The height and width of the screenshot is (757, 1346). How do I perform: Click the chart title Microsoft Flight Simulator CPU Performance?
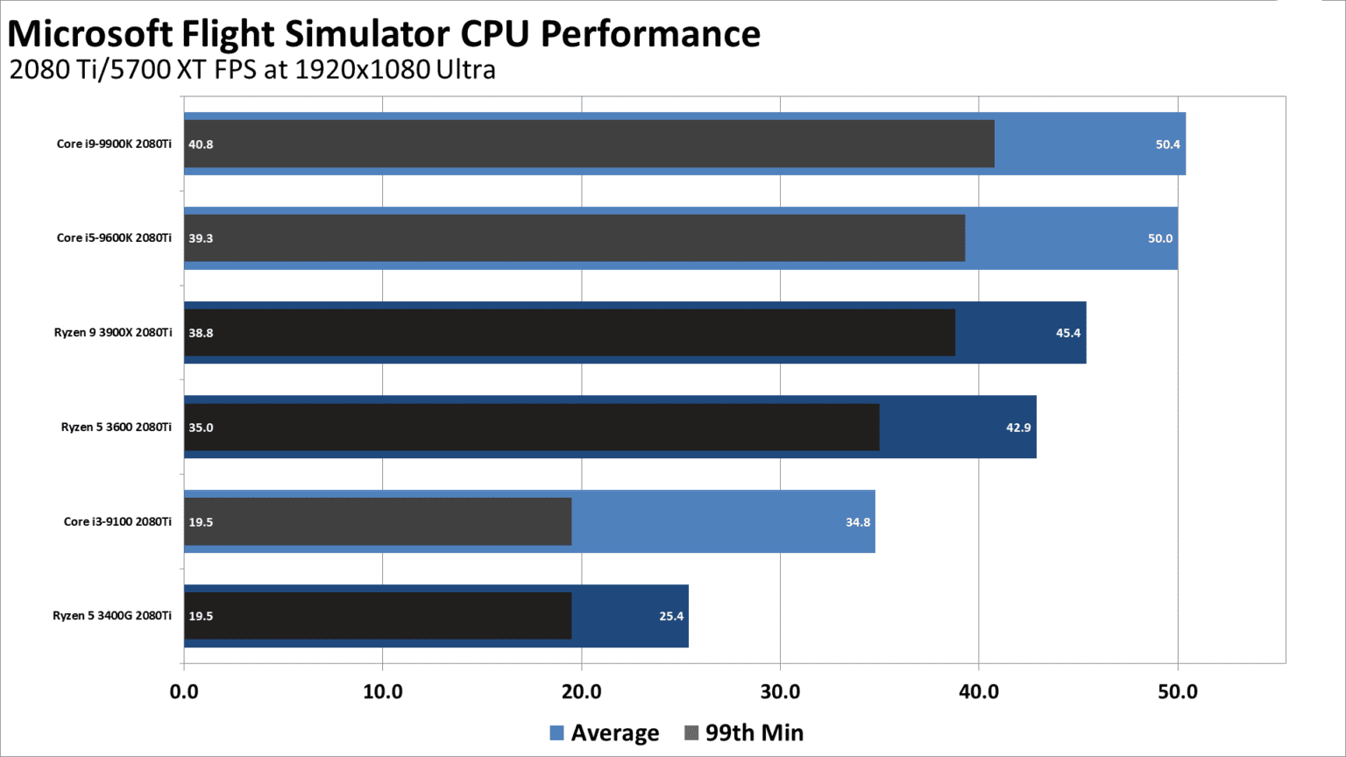pyautogui.click(x=384, y=34)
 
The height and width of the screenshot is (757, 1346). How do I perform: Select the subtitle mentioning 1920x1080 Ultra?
pyautogui.click(x=252, y=69)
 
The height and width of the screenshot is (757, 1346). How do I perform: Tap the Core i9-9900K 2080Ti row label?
pyautogui.click(x=114, y=144)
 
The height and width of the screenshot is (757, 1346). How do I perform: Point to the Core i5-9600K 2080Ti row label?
pyautogui.click(x=114, y=238)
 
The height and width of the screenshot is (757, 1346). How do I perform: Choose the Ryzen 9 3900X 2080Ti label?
pyautogui.click(x=113, y=333)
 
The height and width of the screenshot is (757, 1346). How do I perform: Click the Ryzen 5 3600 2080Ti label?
pyautogui.click(x=117, y=428)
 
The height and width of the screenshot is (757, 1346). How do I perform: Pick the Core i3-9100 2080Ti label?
pyautogui.click(x=117, y=522)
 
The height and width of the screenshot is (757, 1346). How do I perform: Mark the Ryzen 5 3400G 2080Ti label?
pyautogui.click(x=112, y=616)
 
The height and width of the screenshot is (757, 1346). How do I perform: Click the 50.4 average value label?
pyautogui.click(x=1167, y=145)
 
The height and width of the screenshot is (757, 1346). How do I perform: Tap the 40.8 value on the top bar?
pyautogui.click(x=201, y=145)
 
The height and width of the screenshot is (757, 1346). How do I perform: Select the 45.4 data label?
pyautogui.click(x=1068, y=333)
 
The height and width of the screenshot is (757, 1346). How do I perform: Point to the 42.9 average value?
pyautogui.click(x=1018, y=428)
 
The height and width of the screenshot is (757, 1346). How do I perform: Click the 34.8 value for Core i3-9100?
pyautogui.click(x=858, y=522)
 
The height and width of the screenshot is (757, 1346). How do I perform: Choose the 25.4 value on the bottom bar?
pyautogui.click(x=671, y=616)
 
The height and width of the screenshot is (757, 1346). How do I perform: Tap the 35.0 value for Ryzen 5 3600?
pyautogui.click(x=201, y=428)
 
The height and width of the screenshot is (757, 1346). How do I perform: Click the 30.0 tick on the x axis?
pyautogui.click(x=780, y=691)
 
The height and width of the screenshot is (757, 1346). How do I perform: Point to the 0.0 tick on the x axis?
pyautogui.click(x=184, y=691)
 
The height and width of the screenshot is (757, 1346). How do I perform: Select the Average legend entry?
pyautogui.click(x=605, y=732)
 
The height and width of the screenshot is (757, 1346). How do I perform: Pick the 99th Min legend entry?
pyautogui.click(x=744, y=732)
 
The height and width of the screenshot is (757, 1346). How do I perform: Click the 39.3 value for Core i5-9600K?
pyautogui.click(x=201, y=238)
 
